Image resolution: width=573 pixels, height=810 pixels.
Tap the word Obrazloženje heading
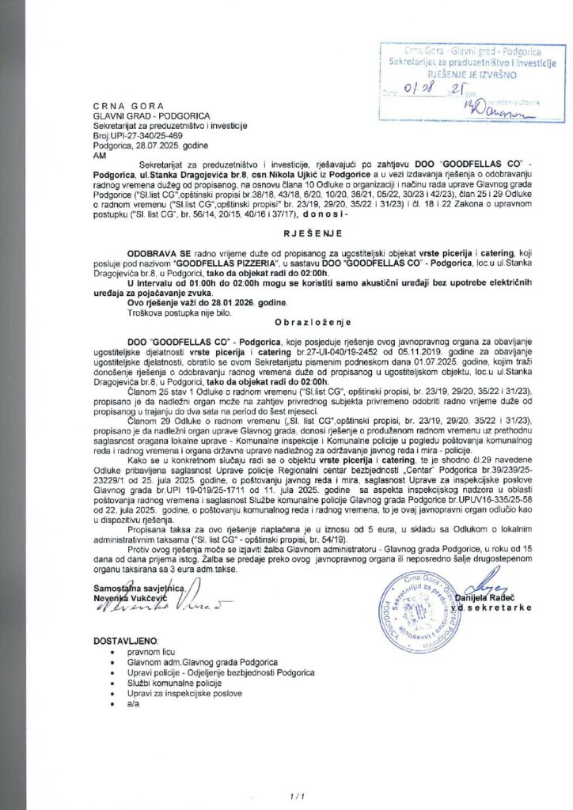click(286, 324)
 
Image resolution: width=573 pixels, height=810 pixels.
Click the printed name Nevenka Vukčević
click(129, 598)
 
